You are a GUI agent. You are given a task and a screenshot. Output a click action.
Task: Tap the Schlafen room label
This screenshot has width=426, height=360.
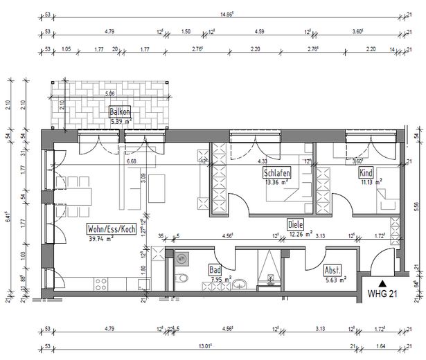(276, 173)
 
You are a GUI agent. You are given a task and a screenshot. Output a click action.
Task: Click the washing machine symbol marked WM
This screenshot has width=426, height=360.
(182, 259)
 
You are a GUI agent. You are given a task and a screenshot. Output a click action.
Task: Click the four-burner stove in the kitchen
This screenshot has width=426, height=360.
(100, 282)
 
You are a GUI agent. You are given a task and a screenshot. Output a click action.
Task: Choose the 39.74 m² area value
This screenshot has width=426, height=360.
(101, 239)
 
